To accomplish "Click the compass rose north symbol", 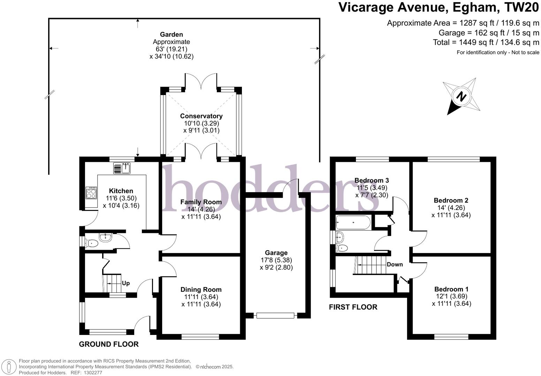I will (462, 96).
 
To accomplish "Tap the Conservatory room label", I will (201, 116).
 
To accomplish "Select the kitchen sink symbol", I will (122, 168).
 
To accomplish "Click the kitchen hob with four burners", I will (91, 193).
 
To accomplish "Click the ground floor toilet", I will (92, 243).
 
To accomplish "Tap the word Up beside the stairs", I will (125, 283).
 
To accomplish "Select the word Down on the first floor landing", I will (395, 264).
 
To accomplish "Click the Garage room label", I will (276, 253).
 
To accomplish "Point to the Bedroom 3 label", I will (372, 180).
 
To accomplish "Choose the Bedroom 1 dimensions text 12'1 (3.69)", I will (451, 296).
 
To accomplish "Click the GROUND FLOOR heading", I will (109, 344).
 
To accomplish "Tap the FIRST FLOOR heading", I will (353, 307).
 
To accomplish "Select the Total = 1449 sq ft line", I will (486, 42).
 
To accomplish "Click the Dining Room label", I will (201, 290).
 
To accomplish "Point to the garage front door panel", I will (275, 315).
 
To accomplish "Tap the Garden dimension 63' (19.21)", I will (171, 49).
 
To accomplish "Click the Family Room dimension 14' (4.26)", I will (201, 209).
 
